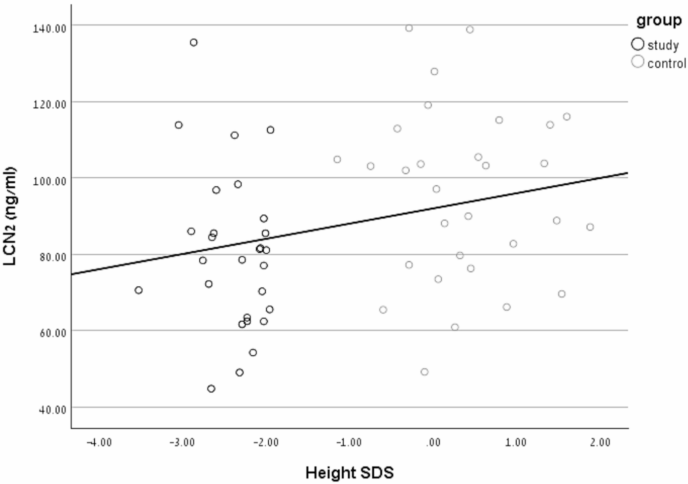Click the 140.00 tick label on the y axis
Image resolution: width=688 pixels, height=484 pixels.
point(49,28)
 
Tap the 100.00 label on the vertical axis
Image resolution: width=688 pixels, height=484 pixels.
point(49,181)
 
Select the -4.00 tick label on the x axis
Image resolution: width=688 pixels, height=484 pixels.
point(99,443)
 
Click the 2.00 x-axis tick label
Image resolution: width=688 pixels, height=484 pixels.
point(600,443)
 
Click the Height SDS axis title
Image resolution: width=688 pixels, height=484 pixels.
point(349,473)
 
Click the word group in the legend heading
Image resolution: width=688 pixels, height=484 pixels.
point(659,20)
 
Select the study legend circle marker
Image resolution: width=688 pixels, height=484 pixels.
point(637,44)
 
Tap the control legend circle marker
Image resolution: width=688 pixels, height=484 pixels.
point(637,62)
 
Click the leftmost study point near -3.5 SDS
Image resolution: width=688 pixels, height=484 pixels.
point(139,290)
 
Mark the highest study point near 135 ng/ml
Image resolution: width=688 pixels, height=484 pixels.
point(193,42)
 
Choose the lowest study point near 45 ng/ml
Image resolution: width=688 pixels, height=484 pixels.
point(211,389)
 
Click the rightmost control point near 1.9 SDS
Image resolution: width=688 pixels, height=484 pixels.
point(590,227)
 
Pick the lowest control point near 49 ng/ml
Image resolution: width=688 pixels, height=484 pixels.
point(424,372)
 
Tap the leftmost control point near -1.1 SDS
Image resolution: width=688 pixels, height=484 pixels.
point(337,159)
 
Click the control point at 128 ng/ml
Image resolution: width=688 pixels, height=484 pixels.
point(434,72)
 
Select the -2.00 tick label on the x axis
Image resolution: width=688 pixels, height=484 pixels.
point(266,443)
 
